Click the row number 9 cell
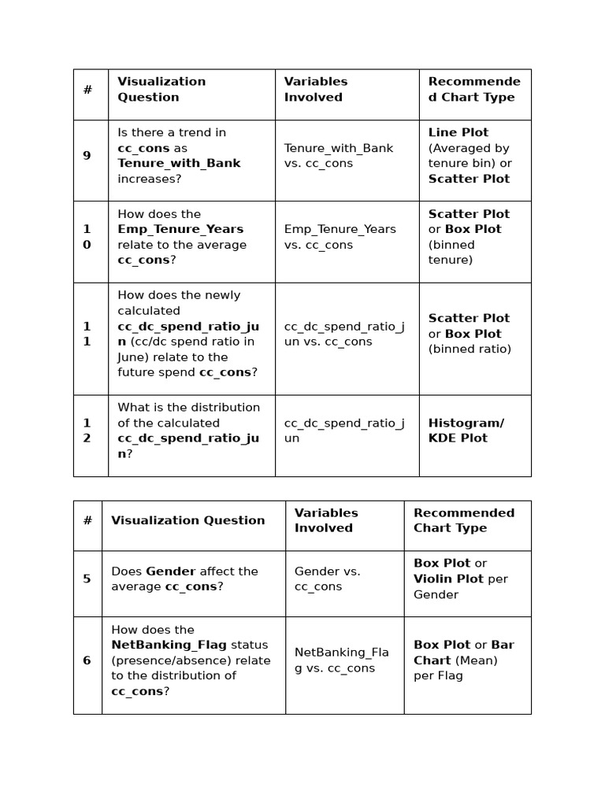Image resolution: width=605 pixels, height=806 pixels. coord(87,156)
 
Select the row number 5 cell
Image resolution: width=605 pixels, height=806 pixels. coord(87,579)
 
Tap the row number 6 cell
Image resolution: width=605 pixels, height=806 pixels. coord(87,660)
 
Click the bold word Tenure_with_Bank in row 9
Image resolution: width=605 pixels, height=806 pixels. coord(179,164)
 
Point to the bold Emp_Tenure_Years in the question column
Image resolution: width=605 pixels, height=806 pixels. coord(180,229)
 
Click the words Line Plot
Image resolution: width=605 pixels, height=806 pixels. coord(458,132)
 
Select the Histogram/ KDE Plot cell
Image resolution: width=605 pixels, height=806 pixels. coord(466,431)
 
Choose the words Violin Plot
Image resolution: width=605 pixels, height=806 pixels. coord(449,579)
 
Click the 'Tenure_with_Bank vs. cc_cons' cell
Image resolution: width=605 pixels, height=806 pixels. coord(339,156)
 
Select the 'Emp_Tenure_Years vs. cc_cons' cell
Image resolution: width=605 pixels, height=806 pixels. coord(340,237)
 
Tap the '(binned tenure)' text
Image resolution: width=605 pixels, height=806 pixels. coord(451,252)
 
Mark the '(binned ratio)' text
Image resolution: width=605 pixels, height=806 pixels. coord(470,349)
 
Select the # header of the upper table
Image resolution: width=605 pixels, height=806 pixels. coord(87,90)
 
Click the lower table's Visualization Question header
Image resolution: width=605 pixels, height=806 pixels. coord(187,520)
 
